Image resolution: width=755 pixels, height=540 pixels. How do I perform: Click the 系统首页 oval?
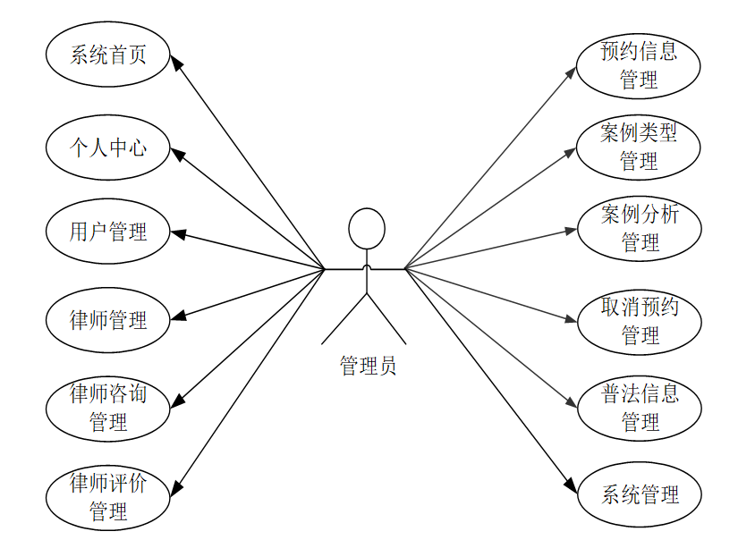click(108, 55)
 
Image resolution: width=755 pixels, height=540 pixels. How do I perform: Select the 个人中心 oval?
click(108, 147)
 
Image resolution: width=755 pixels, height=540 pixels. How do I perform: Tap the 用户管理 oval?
click(108, 232)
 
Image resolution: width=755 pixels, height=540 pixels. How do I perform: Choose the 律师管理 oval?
click(108, 319)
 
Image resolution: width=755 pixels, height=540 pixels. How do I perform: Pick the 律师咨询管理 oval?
click(108, 407)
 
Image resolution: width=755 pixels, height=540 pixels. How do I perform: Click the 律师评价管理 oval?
click(108, 497)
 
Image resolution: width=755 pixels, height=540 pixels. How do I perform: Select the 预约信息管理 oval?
click(639, 65)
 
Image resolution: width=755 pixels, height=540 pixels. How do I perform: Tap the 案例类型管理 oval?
click(639, 147)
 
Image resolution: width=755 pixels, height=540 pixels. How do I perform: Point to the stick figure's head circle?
click(367, 228)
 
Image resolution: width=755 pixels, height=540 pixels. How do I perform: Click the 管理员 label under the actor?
click(368, 365)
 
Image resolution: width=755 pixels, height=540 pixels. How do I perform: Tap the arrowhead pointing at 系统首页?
click(176, 62)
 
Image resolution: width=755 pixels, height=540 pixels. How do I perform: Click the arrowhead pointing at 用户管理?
click(177, 235)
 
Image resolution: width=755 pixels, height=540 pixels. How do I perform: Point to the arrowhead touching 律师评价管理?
click(176, 487)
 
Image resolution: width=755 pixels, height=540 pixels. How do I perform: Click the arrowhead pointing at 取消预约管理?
click(572, 318)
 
